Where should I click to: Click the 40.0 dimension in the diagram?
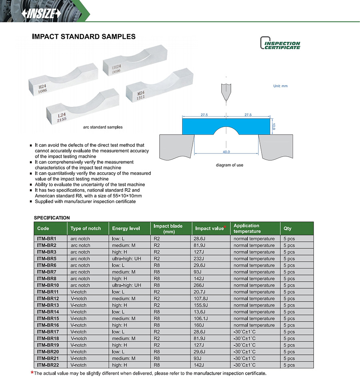click(x=226, y=152)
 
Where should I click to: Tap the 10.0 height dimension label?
click(x=274, y=126)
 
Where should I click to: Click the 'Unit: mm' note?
click(x=280, y=86)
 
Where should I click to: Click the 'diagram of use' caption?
click(x=229, y=165)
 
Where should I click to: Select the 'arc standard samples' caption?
click(x=103, y=127)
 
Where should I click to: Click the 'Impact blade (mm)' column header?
click(x=168, y=229)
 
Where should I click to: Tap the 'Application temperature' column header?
click(x=246, y=229)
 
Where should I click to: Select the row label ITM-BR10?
click(x=48, y=285)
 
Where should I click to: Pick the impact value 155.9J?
click(x=202, y=305)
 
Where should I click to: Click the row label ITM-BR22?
click(x=48, y=365)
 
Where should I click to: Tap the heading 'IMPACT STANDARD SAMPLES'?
click(x=84, y=37)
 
